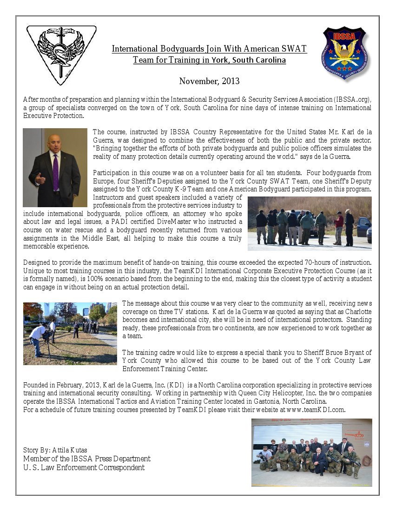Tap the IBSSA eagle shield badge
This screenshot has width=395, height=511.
click(344, 53)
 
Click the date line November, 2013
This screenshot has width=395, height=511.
click(209, 81)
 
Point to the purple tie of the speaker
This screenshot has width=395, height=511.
click(56, 172)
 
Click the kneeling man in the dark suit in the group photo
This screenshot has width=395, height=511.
click(319, 461)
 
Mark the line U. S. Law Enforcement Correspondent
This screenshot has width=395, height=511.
click(84, 467)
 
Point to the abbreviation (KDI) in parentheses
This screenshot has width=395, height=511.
click(175, 385)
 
